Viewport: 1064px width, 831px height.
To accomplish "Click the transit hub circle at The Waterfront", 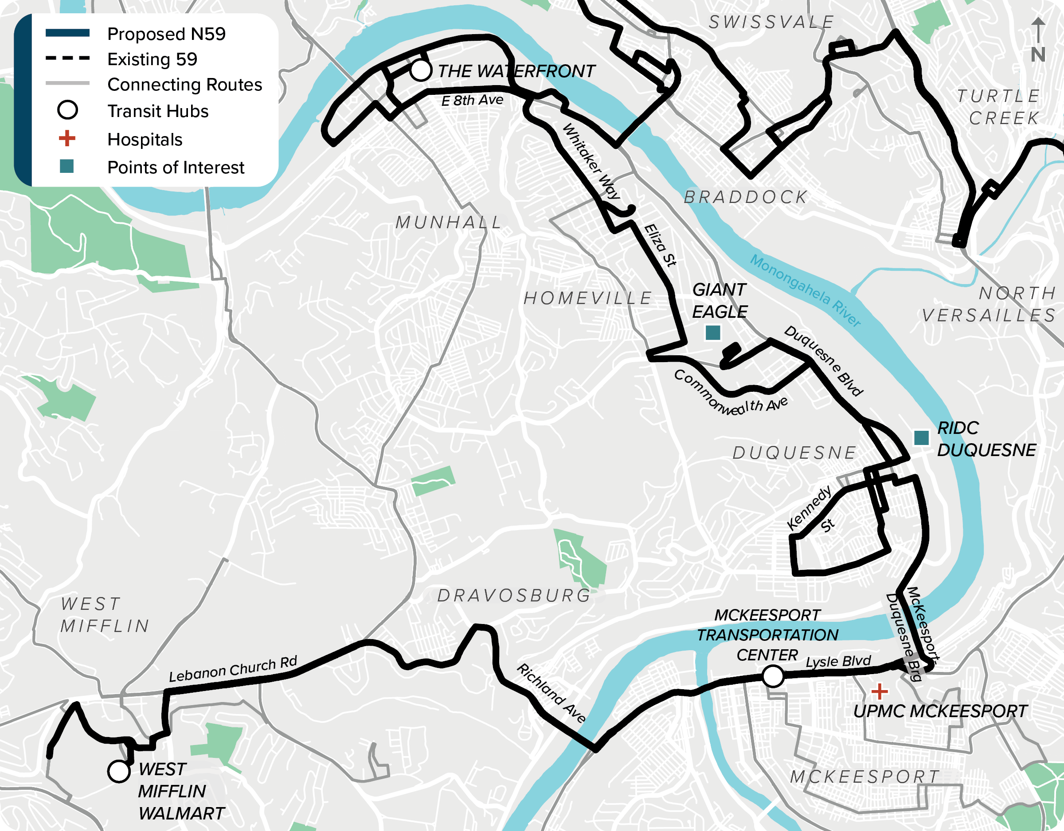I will tap(420, 70).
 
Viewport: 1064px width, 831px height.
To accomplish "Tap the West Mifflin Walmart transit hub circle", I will tap(118, 771).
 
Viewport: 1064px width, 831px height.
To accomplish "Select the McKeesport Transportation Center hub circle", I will tap(773, 676).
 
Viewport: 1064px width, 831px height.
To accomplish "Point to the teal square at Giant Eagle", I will tap(713, 333).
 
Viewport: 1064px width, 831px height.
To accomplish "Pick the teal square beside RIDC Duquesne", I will tap(921, 437).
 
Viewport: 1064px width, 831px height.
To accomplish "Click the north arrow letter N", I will tap(1038, 54).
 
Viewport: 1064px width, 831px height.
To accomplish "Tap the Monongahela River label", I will tap(805, 290).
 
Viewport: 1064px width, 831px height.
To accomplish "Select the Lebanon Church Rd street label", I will tap(233, 669).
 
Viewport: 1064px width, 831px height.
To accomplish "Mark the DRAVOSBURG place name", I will tap(514, 595).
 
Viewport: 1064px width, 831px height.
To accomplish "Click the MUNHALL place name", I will tap(448, 222).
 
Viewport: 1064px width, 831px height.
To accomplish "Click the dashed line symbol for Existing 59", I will tap(67, 59).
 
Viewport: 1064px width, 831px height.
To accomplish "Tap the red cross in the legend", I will tap(67, 138).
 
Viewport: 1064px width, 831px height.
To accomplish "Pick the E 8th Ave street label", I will tap(472, 100).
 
